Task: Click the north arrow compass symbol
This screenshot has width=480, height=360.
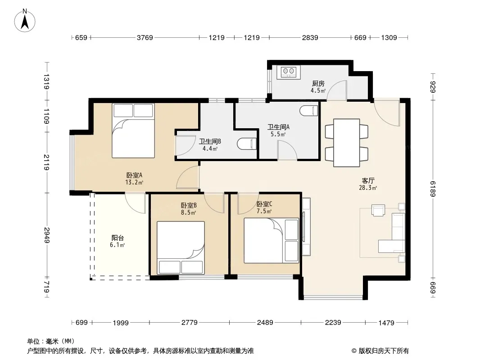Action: [25, 20]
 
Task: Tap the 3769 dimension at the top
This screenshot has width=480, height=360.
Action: [145, 38]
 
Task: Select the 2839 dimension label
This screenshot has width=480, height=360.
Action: [310, 38]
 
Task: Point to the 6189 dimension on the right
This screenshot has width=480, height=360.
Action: [433, 189]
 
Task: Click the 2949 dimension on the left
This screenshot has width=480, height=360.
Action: [46, 235]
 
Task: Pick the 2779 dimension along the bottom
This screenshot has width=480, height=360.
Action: [190, 322]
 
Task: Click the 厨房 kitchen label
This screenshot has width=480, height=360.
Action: [318, 83]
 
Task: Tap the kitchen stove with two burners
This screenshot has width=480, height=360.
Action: [289, 72]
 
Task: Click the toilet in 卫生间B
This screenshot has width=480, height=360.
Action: [247, 144]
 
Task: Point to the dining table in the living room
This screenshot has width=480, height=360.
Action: [347, 143]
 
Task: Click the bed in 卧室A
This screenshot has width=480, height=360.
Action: [133, 130]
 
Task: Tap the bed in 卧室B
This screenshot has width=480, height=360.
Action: [181, 248]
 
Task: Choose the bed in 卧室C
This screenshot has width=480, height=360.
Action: [271, 240]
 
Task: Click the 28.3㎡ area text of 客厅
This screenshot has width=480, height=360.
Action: [368, 188]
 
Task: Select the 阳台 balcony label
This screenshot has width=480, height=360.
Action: [118, 238]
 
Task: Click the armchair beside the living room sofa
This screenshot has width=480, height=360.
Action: [378, 211]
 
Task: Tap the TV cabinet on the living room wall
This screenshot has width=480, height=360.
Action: [306, 227]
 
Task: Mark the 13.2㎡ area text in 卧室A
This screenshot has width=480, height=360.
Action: [134, 183]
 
